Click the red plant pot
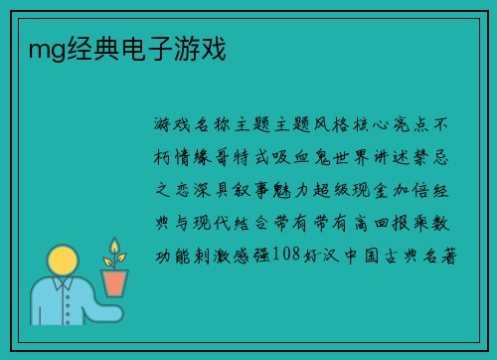pos(115,283)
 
